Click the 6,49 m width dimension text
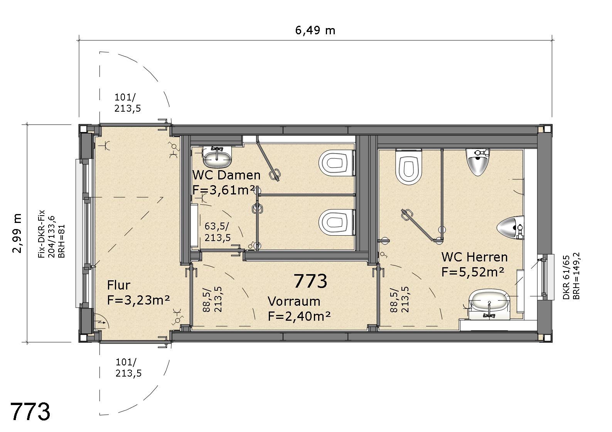click(315, 30)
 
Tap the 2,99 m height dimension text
click(17, 233)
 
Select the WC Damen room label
click(226, 175)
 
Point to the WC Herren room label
click(475, 257)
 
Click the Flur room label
click(118, 285)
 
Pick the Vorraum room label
click(294, 301)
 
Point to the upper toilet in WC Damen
click(337, 164)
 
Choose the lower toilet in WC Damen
click(337, 222)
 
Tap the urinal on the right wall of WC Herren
click(510, 228)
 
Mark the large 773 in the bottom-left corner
click(30, 412)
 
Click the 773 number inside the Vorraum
click(310, 281)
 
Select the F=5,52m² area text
click(473, 272)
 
